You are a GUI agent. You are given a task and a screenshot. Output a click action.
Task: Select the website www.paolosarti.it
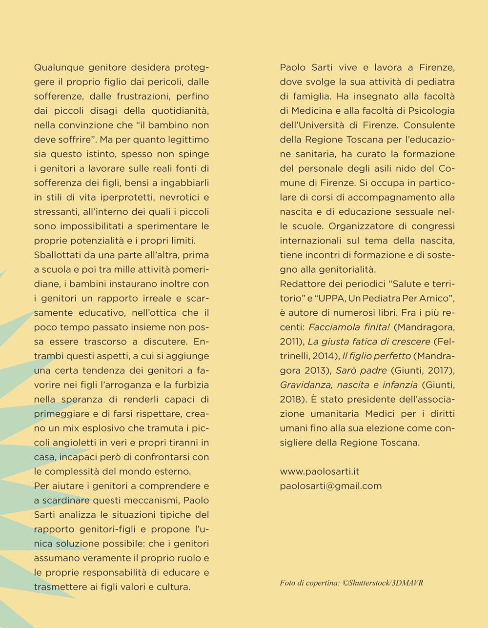(x=320, y=471)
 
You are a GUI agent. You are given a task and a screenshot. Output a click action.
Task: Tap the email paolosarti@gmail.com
(x=331, y=486)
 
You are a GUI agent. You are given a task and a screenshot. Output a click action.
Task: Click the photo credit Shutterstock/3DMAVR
(x=386, y=583)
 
